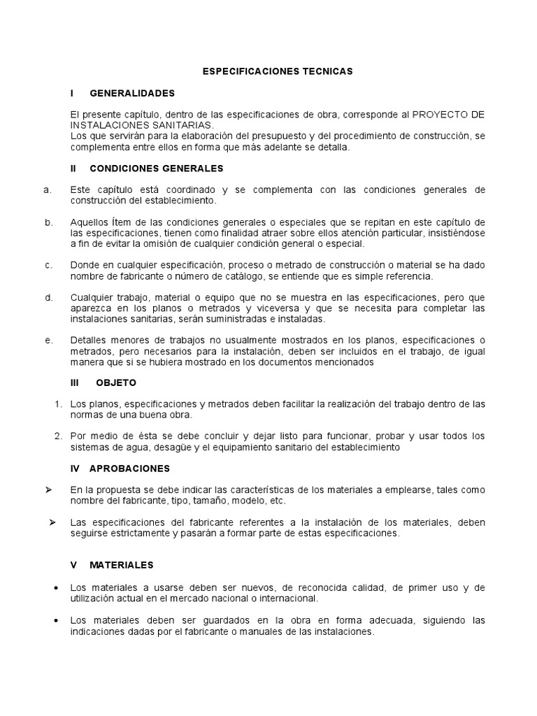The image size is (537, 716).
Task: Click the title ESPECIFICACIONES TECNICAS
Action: tap(278, 71)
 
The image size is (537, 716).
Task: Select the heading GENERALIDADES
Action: tap(132, 93)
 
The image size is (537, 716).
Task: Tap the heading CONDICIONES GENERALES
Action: tap(157, 169)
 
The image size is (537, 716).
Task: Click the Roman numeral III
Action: tap(76, 383)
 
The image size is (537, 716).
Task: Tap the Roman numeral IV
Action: tap(76, 468)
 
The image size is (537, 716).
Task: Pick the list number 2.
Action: tap(59, 436)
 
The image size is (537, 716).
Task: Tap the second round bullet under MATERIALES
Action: tap(56, 621)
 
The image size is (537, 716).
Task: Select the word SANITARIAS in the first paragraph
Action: tap(161, 124)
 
